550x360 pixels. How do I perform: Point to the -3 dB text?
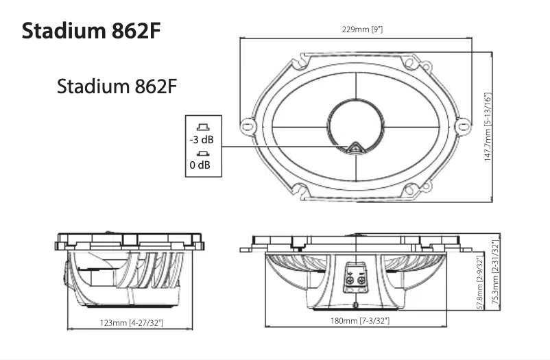click(201, 140)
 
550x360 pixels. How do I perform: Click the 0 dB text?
click(200, 165)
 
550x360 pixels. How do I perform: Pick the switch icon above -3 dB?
click(202, 127)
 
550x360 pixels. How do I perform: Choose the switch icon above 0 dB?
click(202, 153)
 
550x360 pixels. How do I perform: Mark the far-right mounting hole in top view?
click(463, 126)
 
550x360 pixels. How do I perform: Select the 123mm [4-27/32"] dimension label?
click(127, 322)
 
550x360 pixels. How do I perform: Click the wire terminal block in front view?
click(355, 276)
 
